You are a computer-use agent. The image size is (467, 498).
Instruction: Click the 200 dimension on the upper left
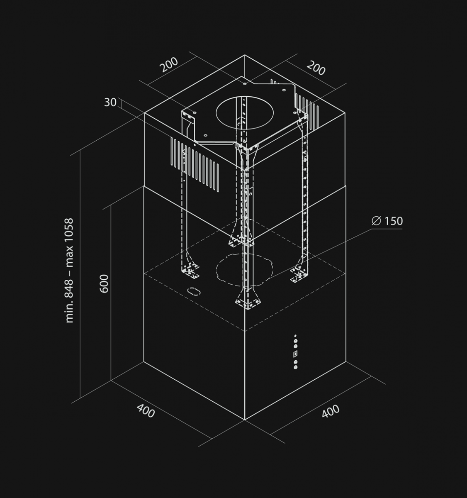pos(169,65)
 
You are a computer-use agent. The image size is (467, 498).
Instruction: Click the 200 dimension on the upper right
pos(316,68)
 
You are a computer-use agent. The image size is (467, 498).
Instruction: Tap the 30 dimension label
pos(110,103)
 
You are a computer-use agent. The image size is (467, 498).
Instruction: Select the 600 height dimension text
pos(104,283)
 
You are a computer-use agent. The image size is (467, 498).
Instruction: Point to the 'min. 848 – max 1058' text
pos(69,270)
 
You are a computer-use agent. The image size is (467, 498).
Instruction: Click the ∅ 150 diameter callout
pos(387,221)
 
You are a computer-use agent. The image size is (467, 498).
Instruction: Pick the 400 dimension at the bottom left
pos(146,411)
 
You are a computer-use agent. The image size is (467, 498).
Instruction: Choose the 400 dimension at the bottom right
pos(331,411)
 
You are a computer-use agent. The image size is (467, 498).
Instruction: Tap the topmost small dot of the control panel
pos(295,335)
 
